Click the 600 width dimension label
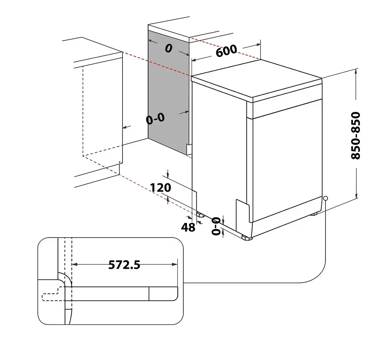226,51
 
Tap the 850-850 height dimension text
356,135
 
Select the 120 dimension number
160,188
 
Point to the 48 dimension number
188,228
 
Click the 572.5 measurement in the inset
124,265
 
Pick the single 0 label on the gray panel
169,49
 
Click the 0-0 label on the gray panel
155,118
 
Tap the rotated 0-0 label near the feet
216,226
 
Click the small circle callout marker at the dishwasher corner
325,198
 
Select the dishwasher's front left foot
247,238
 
